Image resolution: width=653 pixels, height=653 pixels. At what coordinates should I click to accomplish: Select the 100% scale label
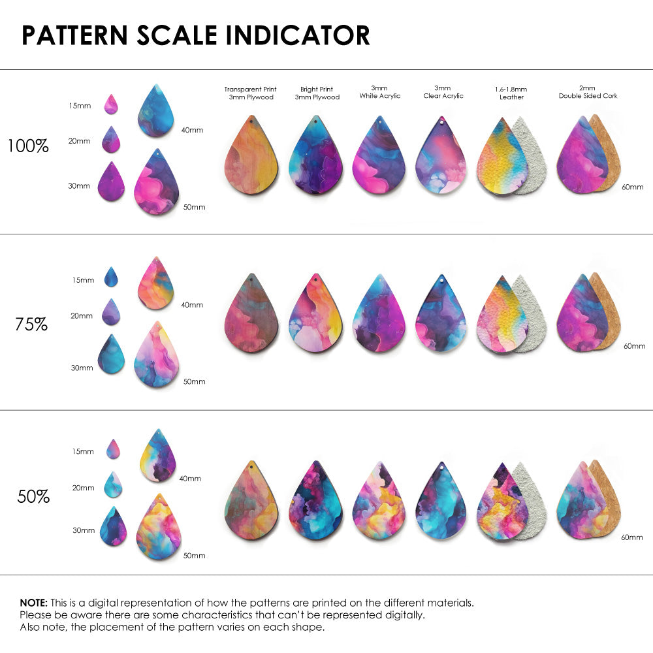28,146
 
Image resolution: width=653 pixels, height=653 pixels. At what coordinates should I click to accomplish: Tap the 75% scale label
31,324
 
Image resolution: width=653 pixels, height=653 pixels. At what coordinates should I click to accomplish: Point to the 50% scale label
33,497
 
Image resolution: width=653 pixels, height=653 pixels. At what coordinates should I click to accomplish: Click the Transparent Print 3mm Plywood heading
250,93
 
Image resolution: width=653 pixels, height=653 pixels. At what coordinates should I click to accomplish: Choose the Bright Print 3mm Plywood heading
317,93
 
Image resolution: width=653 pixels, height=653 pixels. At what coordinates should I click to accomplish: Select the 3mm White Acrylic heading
379,92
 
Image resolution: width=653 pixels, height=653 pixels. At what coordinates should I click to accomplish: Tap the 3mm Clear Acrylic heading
443,92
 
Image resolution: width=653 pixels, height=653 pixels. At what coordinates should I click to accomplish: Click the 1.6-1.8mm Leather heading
511,93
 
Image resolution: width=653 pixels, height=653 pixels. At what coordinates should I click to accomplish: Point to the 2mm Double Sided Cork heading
588,92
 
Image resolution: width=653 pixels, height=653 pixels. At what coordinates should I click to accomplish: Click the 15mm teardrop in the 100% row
111,104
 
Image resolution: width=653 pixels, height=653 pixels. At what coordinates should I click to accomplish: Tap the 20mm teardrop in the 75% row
111,312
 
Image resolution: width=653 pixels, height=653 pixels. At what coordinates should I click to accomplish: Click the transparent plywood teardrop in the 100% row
251,157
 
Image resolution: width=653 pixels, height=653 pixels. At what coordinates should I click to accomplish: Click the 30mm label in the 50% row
84,531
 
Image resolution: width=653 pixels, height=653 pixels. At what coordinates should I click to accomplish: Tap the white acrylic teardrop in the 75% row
379,315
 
